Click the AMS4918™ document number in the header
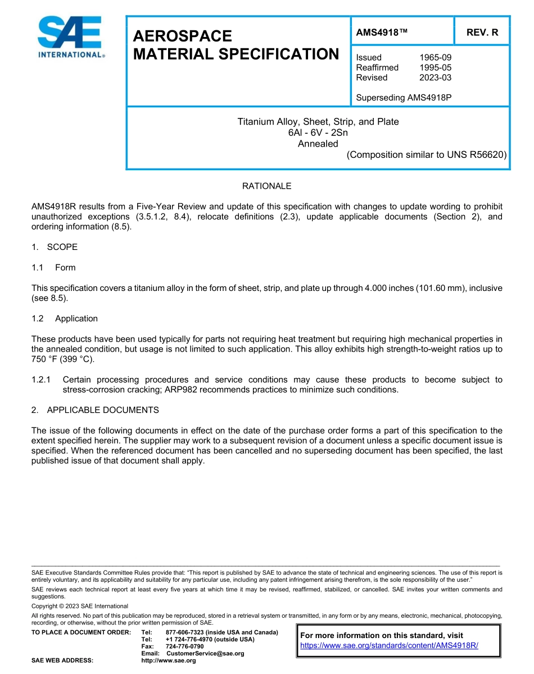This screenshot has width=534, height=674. coord(382,33)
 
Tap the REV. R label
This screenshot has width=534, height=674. coord(482,33)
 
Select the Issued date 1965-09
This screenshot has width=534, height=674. coord(435,57)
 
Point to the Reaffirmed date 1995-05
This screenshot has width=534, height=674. coord(435,67)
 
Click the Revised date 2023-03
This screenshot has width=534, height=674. coord(435,78)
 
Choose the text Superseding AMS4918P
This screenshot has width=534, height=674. coord(404,98)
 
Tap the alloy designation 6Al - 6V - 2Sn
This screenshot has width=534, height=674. coord(318,133)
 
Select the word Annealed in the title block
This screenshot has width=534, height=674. coord(318,143)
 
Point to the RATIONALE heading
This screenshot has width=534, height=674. coord(266,186)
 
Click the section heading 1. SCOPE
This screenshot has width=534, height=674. coord(55,247)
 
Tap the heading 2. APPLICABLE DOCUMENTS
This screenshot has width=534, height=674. coord(95,410)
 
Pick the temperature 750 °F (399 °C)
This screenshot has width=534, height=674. coord(62,359)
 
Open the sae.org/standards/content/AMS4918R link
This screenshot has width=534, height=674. coord(389,646)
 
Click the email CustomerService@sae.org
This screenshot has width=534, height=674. coord(205,654)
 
